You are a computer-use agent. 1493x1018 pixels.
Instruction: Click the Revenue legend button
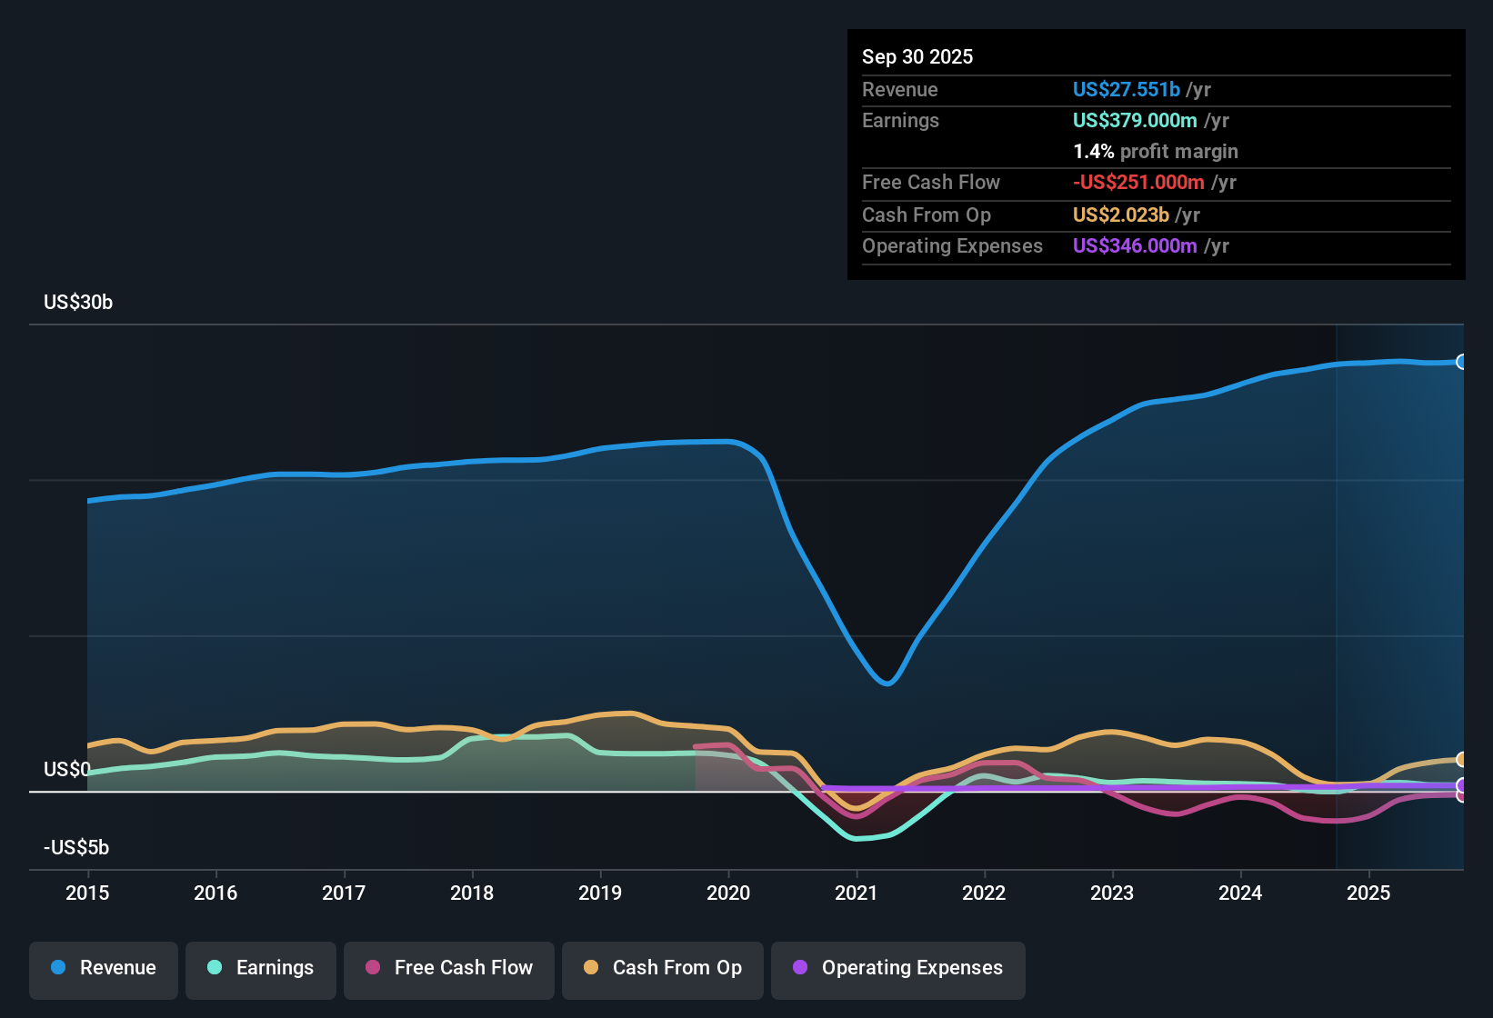point(104,968)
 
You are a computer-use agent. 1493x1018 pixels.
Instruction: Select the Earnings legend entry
point(261,968)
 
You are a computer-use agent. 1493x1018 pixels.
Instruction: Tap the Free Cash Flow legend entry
point(449,968)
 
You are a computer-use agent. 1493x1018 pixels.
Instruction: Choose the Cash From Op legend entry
point(663,968)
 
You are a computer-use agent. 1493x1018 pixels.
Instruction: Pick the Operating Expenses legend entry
point(898,968)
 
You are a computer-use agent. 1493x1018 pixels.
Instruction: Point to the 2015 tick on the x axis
point(87,893)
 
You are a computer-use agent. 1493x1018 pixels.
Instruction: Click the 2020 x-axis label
point(728,893)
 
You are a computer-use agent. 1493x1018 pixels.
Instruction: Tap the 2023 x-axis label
point(1112,893)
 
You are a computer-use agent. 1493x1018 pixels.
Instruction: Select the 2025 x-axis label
point(1368,893)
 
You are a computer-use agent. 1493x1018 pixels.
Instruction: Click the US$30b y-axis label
point(78,303)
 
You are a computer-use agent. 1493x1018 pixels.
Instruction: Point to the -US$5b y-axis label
point(76,848)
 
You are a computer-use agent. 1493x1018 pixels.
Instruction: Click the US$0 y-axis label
point(66,770)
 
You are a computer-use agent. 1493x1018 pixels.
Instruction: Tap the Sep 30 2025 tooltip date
point(917,56)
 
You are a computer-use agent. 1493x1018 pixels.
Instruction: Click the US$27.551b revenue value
point(1126,89)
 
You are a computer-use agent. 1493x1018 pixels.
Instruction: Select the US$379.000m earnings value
point(1135,120)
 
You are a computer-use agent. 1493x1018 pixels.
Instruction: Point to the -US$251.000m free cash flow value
point(1138,182)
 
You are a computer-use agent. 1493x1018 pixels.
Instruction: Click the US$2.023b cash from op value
point(1120,215)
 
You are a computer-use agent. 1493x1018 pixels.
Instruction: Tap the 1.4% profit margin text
point(1155,151)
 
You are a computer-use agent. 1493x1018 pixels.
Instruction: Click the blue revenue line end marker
point(1461,362)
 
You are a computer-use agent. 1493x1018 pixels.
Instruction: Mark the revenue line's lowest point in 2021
point(887,683)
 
